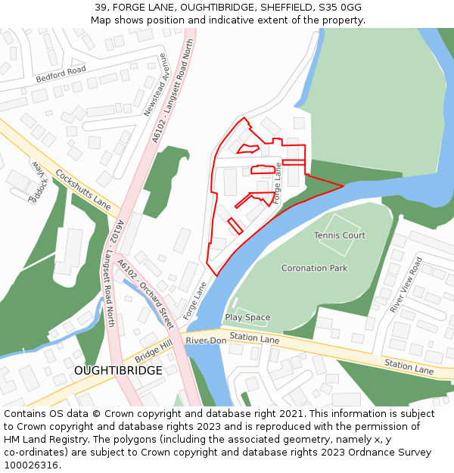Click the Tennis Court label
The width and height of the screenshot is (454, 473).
(x=340, y=235)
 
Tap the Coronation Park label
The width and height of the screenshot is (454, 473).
(x=314, y=268)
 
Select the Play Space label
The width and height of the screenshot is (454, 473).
(x=247, y=318)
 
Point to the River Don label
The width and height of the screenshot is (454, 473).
(x=206, y=341)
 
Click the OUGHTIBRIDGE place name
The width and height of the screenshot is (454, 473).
(x=118, y=371)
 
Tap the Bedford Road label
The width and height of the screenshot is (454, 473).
(x=61, y=75)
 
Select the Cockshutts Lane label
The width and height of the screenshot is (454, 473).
(x=82, y=189)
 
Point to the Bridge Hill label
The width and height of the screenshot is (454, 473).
(x=154, y=350)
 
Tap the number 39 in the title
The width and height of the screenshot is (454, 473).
(x=101, y=7)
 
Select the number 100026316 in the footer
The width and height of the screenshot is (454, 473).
(x=32, y=465)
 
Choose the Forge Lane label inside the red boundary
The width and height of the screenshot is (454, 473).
(x=277, y=182)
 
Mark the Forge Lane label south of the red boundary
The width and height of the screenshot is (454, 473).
(x=194, y=300)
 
